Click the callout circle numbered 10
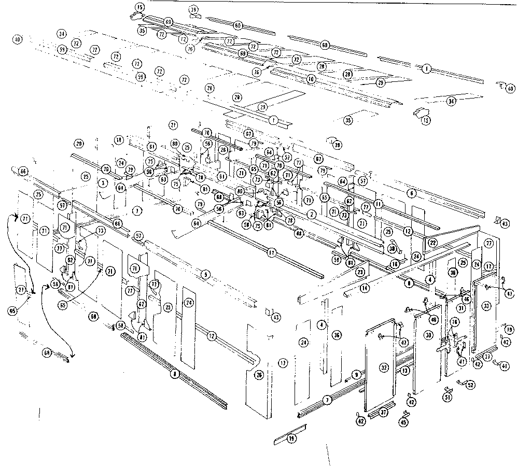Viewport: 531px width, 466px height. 311,79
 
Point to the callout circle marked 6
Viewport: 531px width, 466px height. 412,193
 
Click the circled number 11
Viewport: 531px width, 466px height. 379,204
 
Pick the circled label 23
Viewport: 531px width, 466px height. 359,272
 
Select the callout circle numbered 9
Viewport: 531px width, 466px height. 356,375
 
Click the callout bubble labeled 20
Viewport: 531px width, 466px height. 79,143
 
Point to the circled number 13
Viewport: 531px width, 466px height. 404,371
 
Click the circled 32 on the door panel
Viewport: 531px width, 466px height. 384,368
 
